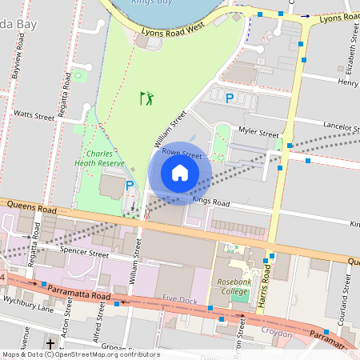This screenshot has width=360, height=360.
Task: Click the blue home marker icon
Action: coord(180,173)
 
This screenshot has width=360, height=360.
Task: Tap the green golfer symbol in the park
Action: coord(146,98)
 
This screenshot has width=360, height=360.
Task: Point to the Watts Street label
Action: coord(34,116)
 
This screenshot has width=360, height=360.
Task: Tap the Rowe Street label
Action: coord(181,154)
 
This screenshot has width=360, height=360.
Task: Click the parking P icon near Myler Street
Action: coord(229,98)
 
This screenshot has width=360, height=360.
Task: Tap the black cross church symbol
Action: coord(50,345)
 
